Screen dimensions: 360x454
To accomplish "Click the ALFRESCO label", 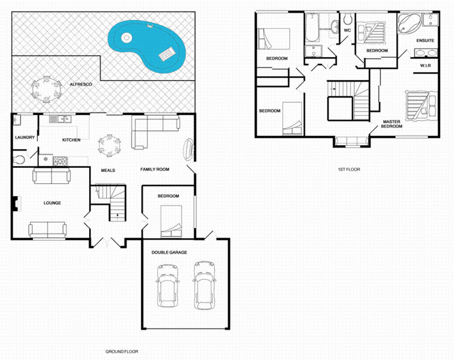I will [x=81, y=84].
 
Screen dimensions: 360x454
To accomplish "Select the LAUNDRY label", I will [x=26, y=137].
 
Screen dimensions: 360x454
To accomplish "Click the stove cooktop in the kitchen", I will [x=60, y=162].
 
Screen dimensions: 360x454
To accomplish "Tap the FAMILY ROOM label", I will [x=155, y=170].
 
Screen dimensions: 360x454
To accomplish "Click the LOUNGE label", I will [x=52, y=202].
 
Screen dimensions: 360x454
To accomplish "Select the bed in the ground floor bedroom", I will [x=172, y=221].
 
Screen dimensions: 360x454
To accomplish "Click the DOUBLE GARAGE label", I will [x=169, y=252].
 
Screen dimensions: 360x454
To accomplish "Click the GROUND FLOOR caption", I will [x=122, y=351].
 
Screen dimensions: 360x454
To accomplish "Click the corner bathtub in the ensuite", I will [x=408, y=24].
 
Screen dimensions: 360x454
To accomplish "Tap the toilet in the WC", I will [x=348, y=21].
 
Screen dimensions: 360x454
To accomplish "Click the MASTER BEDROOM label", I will [x=392, y=124].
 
